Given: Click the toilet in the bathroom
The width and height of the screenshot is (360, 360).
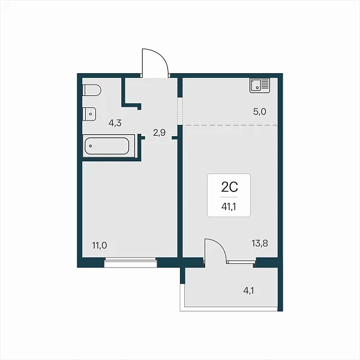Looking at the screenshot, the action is tap(92, 90).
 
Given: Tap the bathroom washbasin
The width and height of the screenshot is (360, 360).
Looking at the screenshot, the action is tap(89, 114).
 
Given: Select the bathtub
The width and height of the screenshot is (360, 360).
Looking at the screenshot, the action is tap(107, 146).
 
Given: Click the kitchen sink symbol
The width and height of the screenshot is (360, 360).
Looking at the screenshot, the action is tap(260, 85).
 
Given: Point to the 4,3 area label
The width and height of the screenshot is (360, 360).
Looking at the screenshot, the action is tap(115, 123).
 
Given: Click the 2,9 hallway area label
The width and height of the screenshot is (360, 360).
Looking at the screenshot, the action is tap(160, 133).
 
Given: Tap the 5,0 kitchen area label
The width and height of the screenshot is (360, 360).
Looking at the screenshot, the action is tap(260, 112).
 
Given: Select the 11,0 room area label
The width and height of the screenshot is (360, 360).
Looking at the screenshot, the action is tap(100, 245).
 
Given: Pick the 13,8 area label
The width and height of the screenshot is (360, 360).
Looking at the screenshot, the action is tap(260, 243).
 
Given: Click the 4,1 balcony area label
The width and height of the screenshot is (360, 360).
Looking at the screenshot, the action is tap(248, 291).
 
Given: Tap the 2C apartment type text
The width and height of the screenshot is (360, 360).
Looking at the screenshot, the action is tap(229, 187).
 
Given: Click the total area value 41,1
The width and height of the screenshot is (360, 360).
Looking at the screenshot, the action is tap(229, 206).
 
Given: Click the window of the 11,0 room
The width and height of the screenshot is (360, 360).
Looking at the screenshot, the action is tap(130, 262).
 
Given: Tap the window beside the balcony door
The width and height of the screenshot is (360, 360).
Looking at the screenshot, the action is tap(241, 262).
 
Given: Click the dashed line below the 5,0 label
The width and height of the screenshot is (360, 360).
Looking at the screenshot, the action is tap(230, 125).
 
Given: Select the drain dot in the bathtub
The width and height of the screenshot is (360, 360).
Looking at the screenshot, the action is tap(91, 146).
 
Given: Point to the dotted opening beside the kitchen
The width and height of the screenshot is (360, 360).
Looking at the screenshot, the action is tap(180, 111).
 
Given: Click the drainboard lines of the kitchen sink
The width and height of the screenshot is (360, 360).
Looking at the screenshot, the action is tap(265, 84).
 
